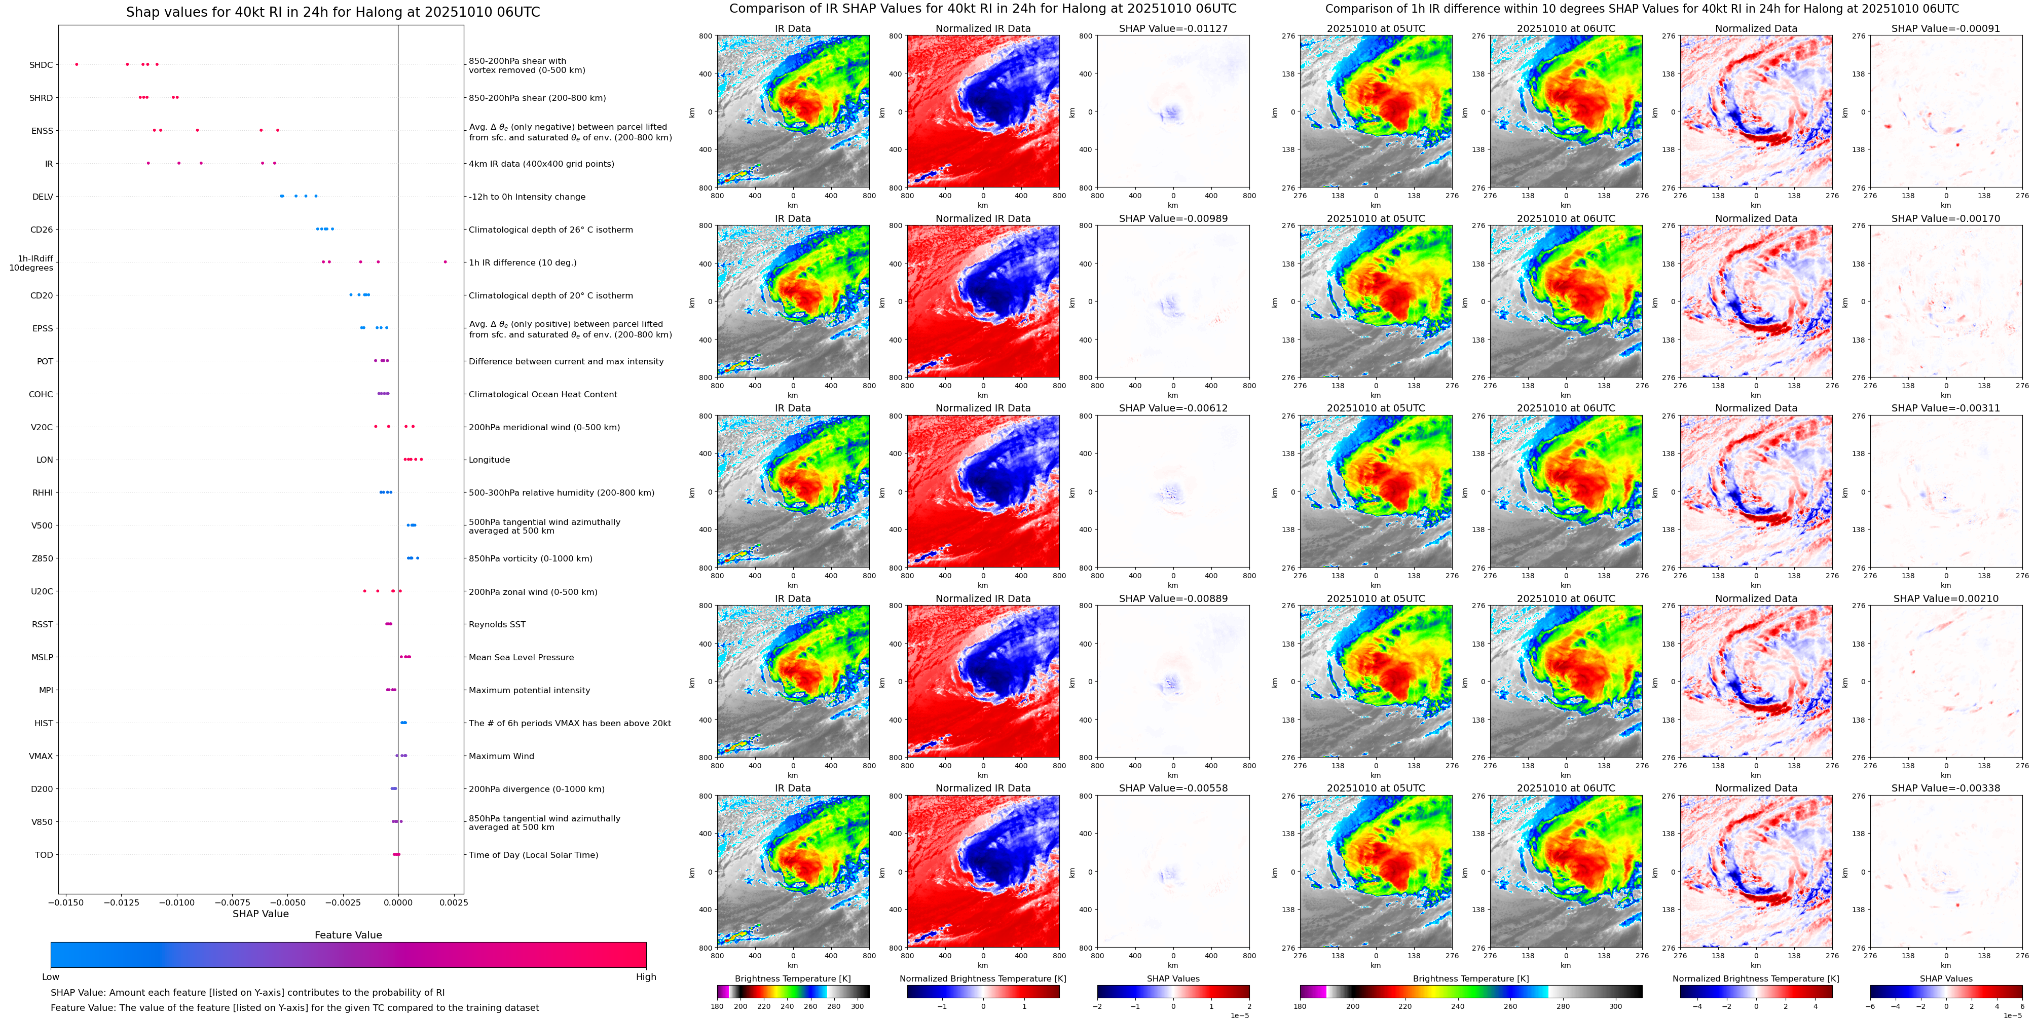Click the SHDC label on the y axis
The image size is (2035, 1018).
coord(41,65)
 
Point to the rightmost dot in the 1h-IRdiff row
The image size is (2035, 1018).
coord(445,261)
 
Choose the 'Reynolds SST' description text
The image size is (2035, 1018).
coord(497,624)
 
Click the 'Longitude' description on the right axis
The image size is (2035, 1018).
coord(489,460)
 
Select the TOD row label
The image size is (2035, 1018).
coord(44,854)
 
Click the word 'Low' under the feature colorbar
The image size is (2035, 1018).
coord(51,977)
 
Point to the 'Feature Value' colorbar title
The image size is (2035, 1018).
coord(348,934)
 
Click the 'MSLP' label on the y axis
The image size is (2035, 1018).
coord(43,657)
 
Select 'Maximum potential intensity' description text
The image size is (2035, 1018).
coord(529,690)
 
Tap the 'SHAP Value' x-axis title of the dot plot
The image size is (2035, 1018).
coord(260,914)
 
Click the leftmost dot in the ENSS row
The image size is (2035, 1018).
coord(154,130)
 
